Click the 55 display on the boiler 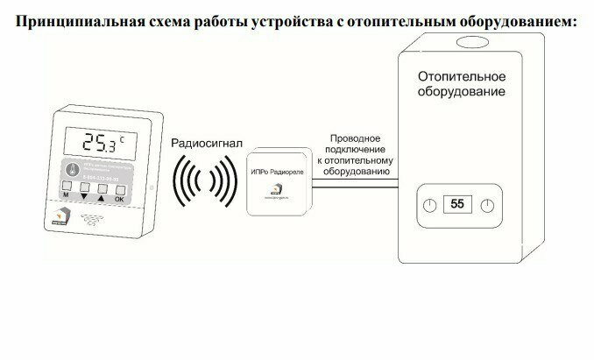coord(457,205)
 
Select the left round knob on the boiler coord(428,206)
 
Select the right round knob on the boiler coord(488,206)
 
